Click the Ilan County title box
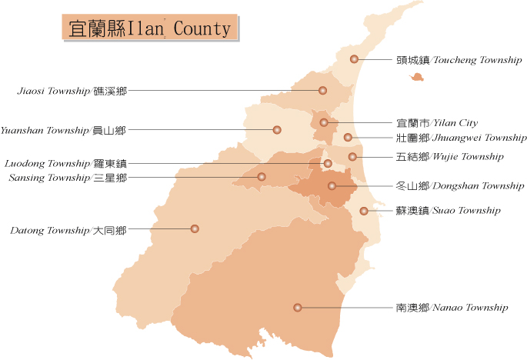coord(150,28)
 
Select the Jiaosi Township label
coord(72,91)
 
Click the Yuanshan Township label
coord(63,130)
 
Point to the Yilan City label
coord(437,122)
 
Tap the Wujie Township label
coord(450,157)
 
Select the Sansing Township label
coord(68,178)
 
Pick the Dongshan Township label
coord(460,186)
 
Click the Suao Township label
coord(449,210)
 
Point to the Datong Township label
coord(68,229)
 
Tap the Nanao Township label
coord(452,308)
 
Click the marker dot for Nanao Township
coord(298,308)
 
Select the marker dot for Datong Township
coord(195,228)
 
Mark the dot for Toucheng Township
coord(354,59)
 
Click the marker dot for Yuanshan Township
coord(277,130)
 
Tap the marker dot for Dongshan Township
coord(332,186)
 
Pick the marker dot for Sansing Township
coord(262,177)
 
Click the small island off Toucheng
coord(418,77)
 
